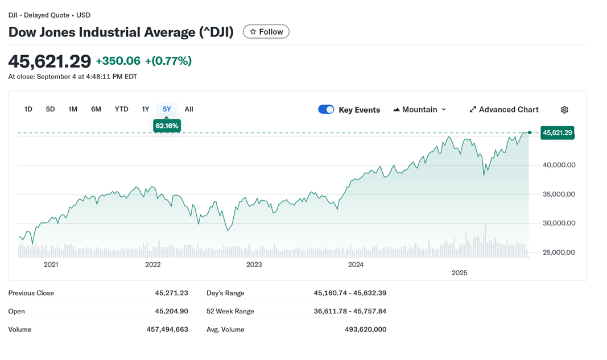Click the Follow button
click(x=266, y=32)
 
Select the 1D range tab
click(x=28, y=109)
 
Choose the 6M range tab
click(x=96, y=109)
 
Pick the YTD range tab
click(x=121, y=109)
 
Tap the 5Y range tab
click(x=167, y=109)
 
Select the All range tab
click(x=189, y=109)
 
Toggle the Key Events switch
click(x=326, y=109)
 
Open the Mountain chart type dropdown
click(x=420, y=109)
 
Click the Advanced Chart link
click(x=503, y=109)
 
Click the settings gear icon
click(x=564, y=110)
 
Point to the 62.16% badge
click(x=167, y=126)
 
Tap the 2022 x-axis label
click(x=152, y=264)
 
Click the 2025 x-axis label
click(x=459, y=273)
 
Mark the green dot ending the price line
click(x=530, y=133)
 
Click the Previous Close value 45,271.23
click(x=171, y=293)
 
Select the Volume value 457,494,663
click(x=167, y=329)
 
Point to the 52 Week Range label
click(x=230, y=311)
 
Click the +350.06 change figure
click(x=118, y=61)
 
